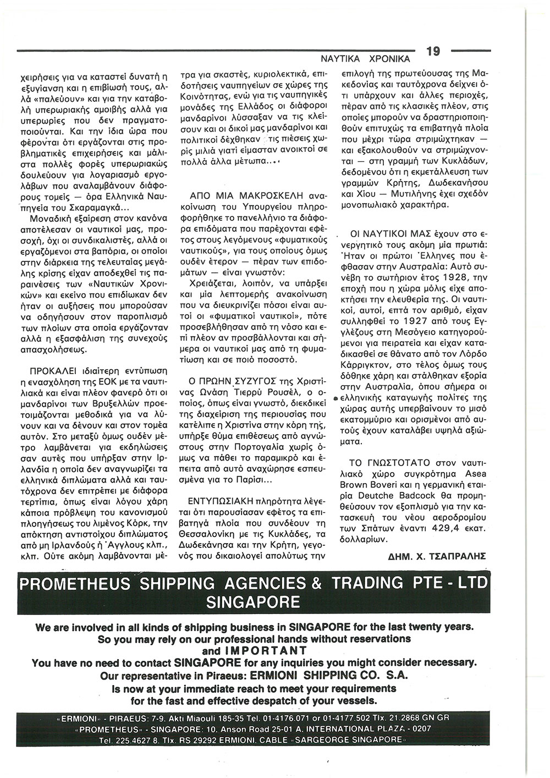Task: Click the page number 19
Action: (433, 51)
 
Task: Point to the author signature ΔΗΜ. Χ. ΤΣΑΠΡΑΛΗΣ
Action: (437, 556)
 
